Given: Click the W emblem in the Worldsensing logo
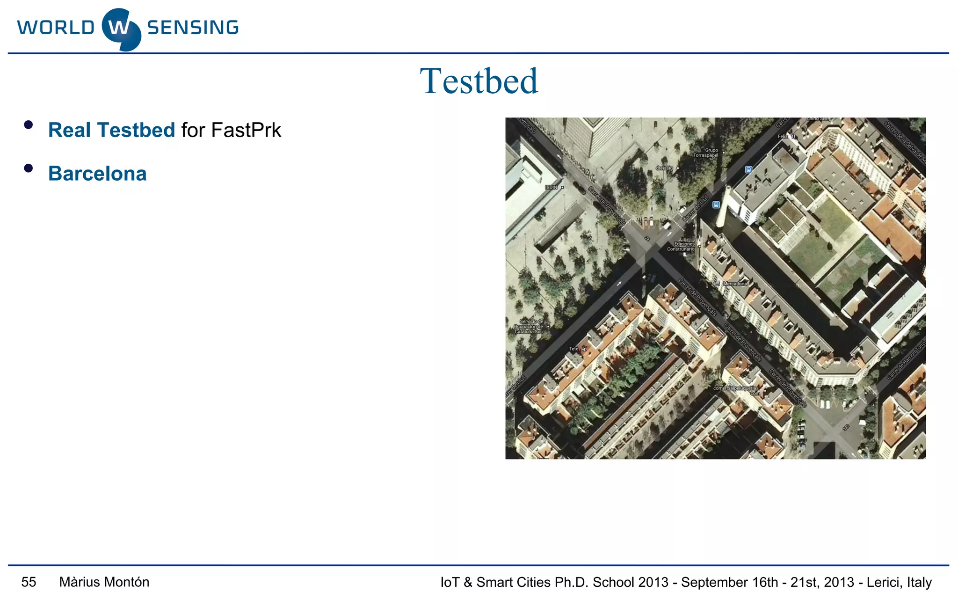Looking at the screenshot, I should click(121, 29).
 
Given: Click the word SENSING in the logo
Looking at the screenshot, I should click(193, 28).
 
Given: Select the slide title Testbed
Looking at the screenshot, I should click(479, 81).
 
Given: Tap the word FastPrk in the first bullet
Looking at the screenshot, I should click(246, 130).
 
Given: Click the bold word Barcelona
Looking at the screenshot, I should click(97, 174).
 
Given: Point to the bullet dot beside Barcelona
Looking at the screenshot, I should click(29, 168).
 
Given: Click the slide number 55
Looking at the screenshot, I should click(29, 582).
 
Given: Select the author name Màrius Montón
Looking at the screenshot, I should click(104, 582).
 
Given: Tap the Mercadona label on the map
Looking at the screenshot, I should click(735, 284).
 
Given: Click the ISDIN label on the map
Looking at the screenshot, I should click(552, 187).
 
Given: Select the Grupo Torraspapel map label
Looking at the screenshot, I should click(705, 153).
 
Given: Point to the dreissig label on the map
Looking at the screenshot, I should click(664, 168).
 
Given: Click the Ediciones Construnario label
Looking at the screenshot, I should click(682, 247).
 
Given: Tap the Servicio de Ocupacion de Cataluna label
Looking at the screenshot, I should click(529, 327).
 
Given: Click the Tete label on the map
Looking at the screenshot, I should click(574, 349).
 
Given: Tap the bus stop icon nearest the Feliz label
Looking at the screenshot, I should click(748, 170).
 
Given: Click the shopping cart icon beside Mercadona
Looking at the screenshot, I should click(718, 284).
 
